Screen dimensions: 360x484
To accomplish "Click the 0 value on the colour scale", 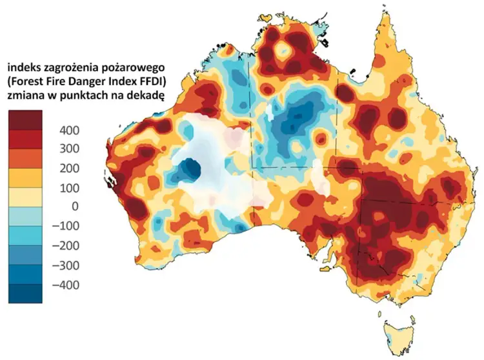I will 74,207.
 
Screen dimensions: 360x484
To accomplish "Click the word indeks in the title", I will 25,66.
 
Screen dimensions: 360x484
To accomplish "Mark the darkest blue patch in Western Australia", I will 190,169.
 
